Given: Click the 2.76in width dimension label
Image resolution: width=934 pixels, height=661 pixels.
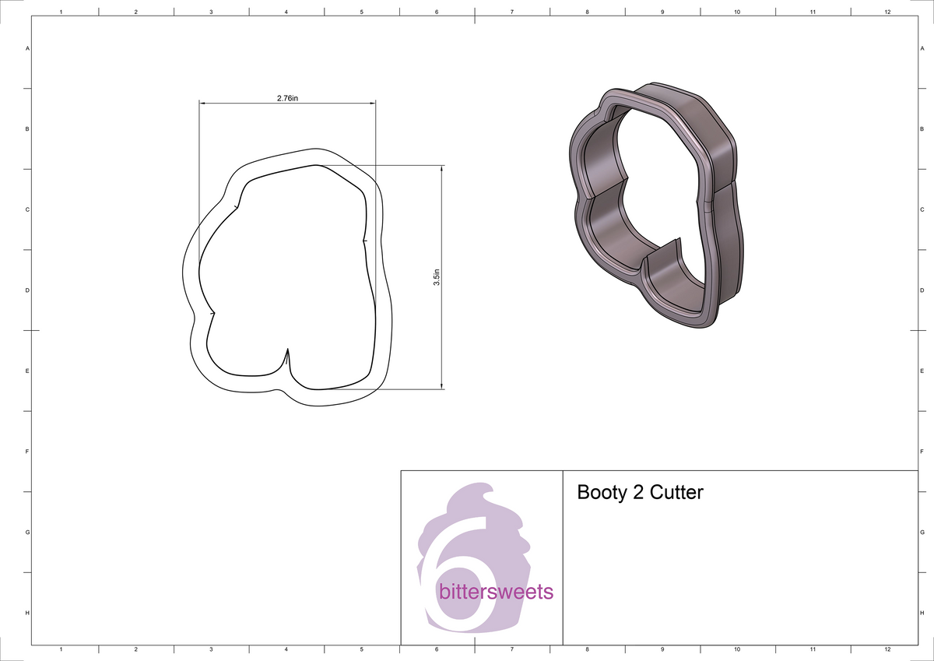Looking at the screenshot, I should (x=287, y=98).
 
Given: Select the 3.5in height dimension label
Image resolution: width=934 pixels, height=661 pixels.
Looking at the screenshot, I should (x=437, y=277).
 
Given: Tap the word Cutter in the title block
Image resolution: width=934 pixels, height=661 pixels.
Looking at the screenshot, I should (x=676, y=493).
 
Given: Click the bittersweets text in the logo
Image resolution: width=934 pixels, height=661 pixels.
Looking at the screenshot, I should (x=496, y=592).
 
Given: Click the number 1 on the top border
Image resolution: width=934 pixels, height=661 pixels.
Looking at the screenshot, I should (x=61, y=12).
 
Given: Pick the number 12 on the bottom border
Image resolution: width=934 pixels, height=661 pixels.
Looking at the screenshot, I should (x=887, y=649).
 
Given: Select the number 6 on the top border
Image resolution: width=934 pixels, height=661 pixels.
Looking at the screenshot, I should (x=437, y=12).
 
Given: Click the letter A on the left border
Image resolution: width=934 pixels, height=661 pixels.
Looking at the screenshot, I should (x=28, y=48).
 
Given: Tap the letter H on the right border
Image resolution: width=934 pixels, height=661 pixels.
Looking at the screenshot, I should (x=922, y=614).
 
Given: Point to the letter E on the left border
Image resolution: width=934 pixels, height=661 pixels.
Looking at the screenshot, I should (x=28, y=371).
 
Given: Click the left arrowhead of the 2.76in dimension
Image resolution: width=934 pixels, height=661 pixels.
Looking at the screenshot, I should (x=202, y=103).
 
